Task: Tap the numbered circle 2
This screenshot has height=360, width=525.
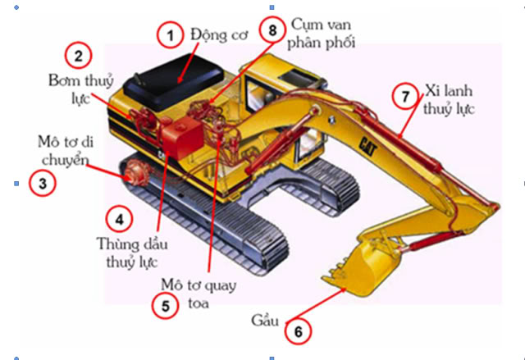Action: pos(78,56)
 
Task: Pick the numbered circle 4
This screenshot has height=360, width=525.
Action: pos(119,219)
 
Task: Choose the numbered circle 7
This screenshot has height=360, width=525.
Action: pos(404,96)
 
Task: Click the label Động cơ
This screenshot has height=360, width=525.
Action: pos(217,34)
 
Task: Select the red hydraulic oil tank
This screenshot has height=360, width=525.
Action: pos(184,135)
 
